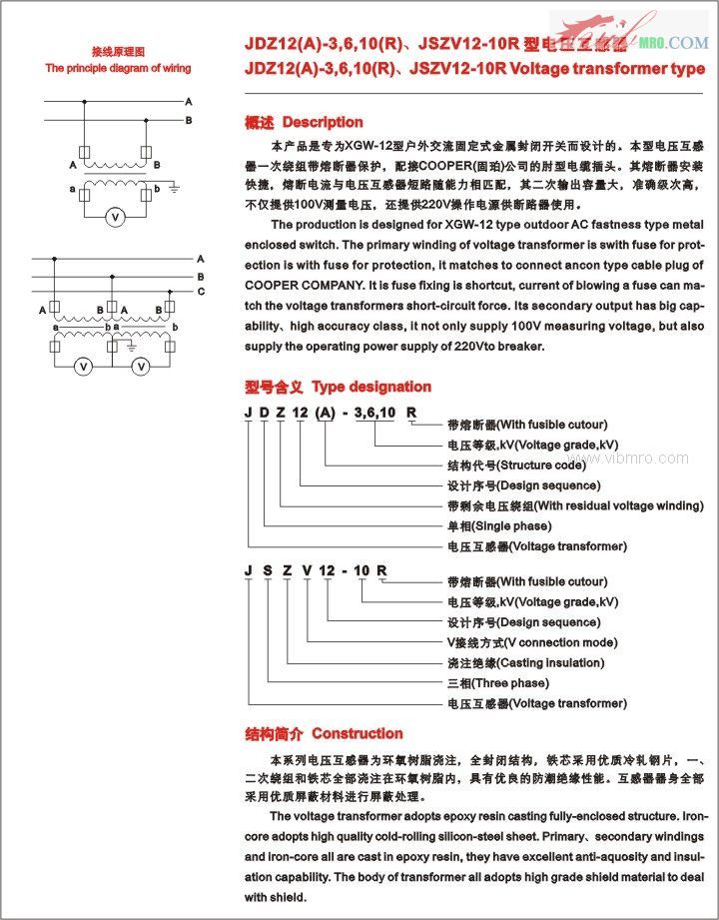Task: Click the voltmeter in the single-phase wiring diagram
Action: tap(115, 217)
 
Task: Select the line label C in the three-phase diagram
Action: tap(200, 291)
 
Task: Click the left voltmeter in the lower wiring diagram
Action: tap(85, 367)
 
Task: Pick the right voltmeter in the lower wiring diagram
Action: tap(142, 367)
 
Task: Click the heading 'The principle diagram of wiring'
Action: tap(118, 68)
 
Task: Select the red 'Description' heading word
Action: tap(323, 122)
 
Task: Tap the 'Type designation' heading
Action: tap(371, 387)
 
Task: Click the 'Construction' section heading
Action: tap(358, 733)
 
